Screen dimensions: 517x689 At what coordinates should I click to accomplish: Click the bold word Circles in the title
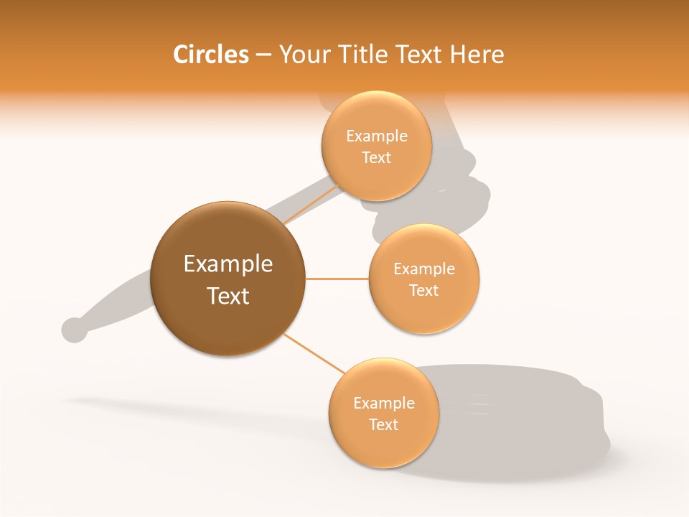pyautogui.click(x=211, y=55)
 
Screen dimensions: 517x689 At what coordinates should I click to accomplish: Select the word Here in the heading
pyautogui.click(x=477, y=55)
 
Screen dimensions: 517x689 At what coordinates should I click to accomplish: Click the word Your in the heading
pyautogui.click(x=304, y=55)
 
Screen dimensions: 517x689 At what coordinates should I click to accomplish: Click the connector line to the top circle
pyautogui.click(x=311, y=203)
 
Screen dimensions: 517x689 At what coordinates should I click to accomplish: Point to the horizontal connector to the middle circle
pyautogui.click(x=337, y=279)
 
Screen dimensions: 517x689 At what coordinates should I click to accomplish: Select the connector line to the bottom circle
pyautogui.click(x=313, y=353)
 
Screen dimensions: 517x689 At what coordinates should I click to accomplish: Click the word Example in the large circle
pyautogui.click(x=228, y=264)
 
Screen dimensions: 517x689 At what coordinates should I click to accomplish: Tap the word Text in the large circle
pyautogui.click(x=228, y=296)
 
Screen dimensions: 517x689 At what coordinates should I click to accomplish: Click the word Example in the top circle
pyautogui.click(x=377, y=136)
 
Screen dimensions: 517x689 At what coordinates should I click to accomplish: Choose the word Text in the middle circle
pyautogui.click(x=424, y=291)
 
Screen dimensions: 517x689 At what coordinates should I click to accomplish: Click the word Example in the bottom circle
pyautogui.click(x=384, y=404)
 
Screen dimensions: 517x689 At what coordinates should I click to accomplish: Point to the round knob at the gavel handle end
pyautogui.click(x=74, y=330)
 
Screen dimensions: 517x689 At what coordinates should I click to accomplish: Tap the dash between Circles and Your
pyautogui.click(x=263, y=55)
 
